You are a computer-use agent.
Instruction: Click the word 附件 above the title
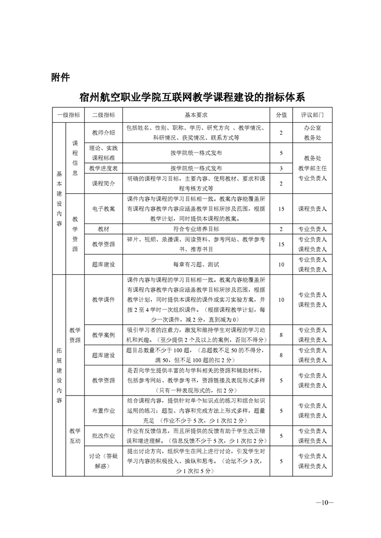click(61, 77)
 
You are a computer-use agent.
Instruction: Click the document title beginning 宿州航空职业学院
click(192, 97)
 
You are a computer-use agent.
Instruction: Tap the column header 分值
click(281, 115)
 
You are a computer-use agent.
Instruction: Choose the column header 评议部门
click(312, 115)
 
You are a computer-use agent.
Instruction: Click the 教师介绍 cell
click(103, 133)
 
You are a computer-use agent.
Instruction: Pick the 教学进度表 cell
click(103, 168)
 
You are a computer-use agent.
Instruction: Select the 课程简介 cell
click(103, 183)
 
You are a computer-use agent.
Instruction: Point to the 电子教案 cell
click(103, 209)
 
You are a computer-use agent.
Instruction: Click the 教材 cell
click(103, 229)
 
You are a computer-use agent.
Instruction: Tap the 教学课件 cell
click(103, 299)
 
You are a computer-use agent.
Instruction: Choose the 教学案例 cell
click(103, 335)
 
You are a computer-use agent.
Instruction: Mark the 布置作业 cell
click(103, 411)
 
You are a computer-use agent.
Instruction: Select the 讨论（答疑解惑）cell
click(103, 461)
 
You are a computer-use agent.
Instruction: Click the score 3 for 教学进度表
click(281, 168)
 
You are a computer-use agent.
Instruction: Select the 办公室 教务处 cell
click(312, 133)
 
